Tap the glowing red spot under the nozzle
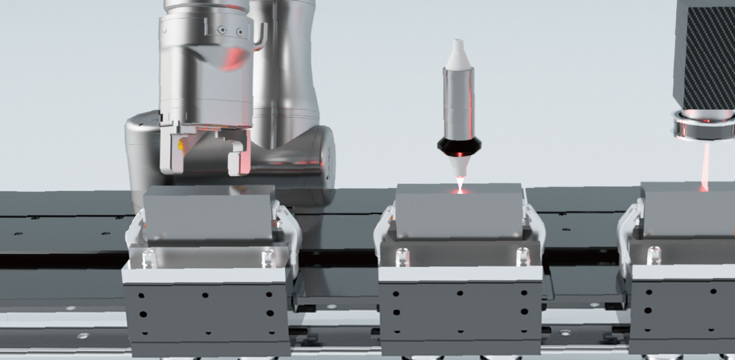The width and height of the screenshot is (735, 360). pos(459,191)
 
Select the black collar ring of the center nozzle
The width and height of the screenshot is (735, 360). pos(459,148)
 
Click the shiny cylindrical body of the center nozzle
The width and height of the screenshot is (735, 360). pos(459,105)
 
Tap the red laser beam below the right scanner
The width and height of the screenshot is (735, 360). pos(705,166)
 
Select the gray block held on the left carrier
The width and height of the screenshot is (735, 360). pos(208,212)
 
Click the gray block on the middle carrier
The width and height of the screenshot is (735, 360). pos(459,211)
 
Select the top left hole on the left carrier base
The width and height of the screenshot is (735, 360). pos(141,295)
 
